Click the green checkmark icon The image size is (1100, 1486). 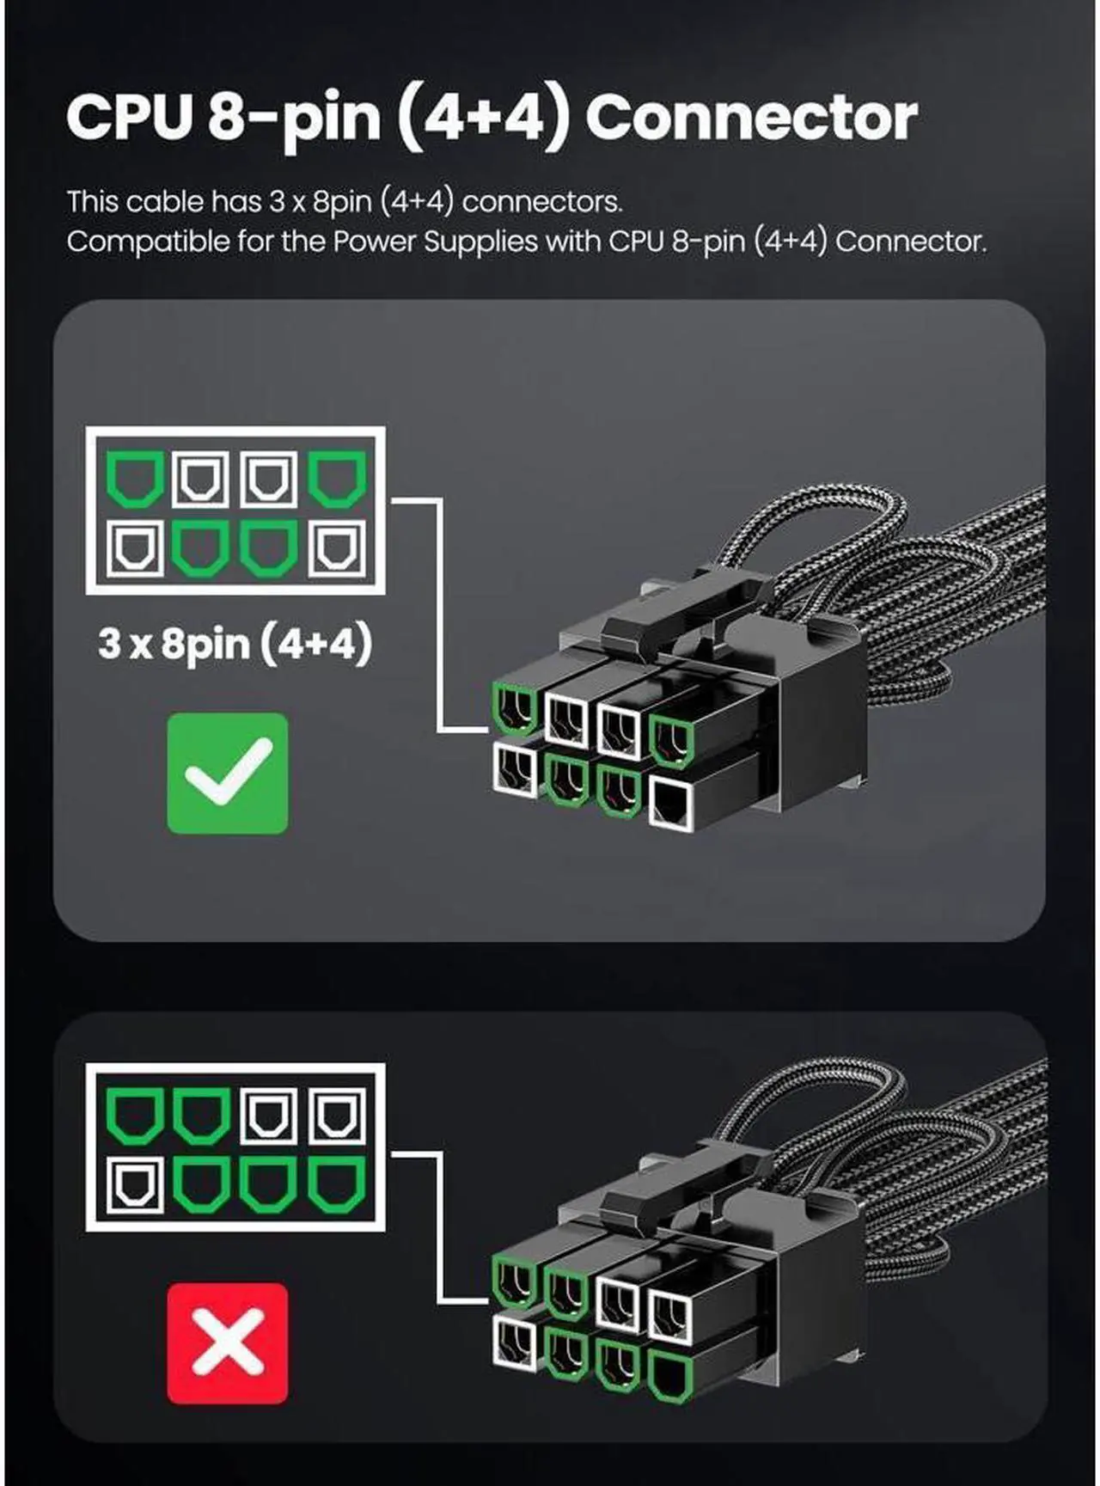(x=228, y=773)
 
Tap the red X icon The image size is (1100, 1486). (x=228, y=1342)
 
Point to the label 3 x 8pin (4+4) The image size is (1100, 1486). (x=235, y=644)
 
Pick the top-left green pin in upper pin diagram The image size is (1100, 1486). (x=135, y=480)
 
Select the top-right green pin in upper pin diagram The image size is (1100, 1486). (x=337, y=480)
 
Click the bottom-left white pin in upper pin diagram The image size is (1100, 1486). (x=135, y=550)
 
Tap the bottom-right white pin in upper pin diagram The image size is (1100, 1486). (x=337, y=550)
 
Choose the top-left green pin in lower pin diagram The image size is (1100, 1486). (x=135, y=1115)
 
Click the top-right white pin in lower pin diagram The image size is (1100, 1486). (x=337, y=1115)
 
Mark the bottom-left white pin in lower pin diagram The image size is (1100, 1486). (x=135, y=1184)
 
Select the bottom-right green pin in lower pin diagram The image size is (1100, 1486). (x=337, y=1184)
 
